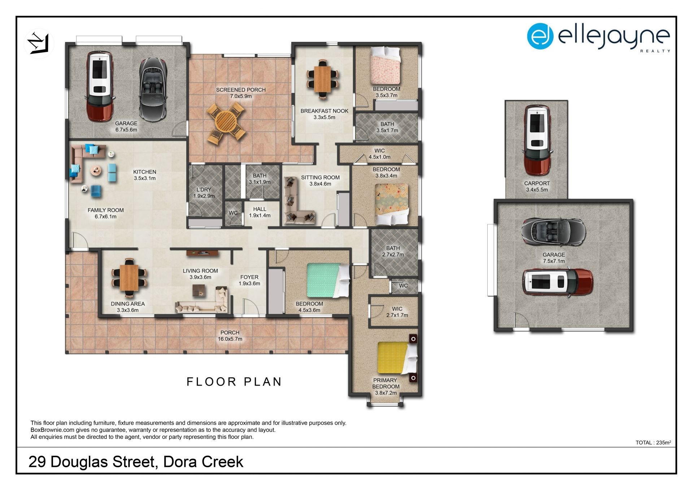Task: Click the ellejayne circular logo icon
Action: [x=540, y=36]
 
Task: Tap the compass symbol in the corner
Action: [x=39, y=43]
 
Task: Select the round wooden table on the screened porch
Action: [x=226, y=122]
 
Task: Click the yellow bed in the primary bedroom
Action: [x=397, y=358]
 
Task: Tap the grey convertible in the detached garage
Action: [x=553, y=232]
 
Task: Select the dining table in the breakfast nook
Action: [x=322, y=79]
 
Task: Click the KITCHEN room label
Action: [x=144, y=172]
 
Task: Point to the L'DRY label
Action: [x=204, y=190]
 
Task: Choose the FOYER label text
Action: [x=249, y=277]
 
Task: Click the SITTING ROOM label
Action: [x=320, y=177]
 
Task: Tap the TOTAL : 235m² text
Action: [x=653, y=442]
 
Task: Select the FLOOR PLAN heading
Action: [x=234, y=382]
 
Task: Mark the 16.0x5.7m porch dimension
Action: [x=230, y=339]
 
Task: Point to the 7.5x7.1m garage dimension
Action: [x=554, y=261]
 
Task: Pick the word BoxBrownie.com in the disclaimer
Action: [x=52, y=430]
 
